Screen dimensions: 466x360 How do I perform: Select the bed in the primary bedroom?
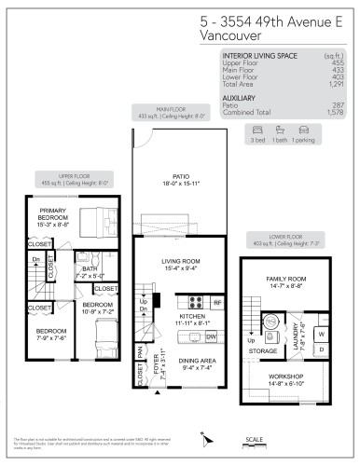tap(90, 223)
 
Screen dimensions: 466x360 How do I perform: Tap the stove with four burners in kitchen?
tap(197, 302)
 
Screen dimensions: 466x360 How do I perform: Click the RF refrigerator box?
tap(217, 303)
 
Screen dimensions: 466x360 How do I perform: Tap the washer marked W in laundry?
tap(322, 333)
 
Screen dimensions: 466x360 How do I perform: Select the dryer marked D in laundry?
tap(322, 350)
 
